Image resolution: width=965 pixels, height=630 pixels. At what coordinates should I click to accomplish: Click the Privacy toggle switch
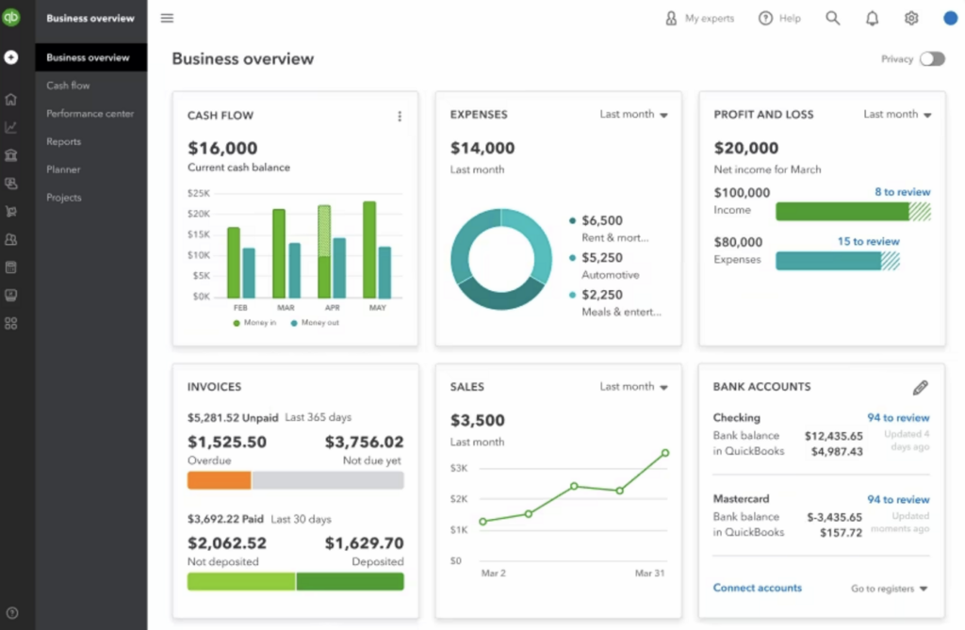tap(932, 58)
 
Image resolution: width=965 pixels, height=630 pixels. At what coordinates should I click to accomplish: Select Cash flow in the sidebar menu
tap(68, 86)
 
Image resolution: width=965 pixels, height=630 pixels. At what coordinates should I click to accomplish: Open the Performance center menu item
tap(90, 114)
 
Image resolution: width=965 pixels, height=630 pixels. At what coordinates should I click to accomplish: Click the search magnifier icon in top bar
tap(833, 18)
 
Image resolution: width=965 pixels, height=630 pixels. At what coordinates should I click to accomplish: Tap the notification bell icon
tap(872, 18)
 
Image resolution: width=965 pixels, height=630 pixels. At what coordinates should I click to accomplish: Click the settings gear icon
tap(911, 18)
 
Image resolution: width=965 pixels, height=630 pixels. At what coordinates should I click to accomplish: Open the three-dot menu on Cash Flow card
tap(400, 116)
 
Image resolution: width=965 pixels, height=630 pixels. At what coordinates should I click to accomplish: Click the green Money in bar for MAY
tap(369, 250)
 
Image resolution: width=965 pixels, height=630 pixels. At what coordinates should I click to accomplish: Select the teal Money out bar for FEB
tap(249, 273)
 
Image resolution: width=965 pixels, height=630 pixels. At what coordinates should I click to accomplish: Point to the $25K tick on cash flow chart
tap(199, 193)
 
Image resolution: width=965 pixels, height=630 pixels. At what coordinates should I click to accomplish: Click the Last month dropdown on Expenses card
tap(634, 115)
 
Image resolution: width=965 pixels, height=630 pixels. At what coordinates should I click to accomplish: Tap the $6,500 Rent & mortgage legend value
tap(602, 220)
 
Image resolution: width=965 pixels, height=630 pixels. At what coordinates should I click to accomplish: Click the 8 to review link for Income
tap(902, 192)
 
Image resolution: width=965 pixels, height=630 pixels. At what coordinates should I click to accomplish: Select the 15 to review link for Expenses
tap(868, 241)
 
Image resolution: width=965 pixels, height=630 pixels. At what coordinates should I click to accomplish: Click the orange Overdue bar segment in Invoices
tap(220, 480)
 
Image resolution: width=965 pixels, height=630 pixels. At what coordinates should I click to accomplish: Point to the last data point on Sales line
tap(665, 453)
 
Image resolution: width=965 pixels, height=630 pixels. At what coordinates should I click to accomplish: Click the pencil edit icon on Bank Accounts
tap(921, 387)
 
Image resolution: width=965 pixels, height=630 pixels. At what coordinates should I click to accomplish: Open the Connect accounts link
tap(757, 588)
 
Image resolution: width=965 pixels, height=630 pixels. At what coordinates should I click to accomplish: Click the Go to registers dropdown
tap(889, 589)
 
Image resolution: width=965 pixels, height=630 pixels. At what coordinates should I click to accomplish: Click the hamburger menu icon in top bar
tap(167, 18)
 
